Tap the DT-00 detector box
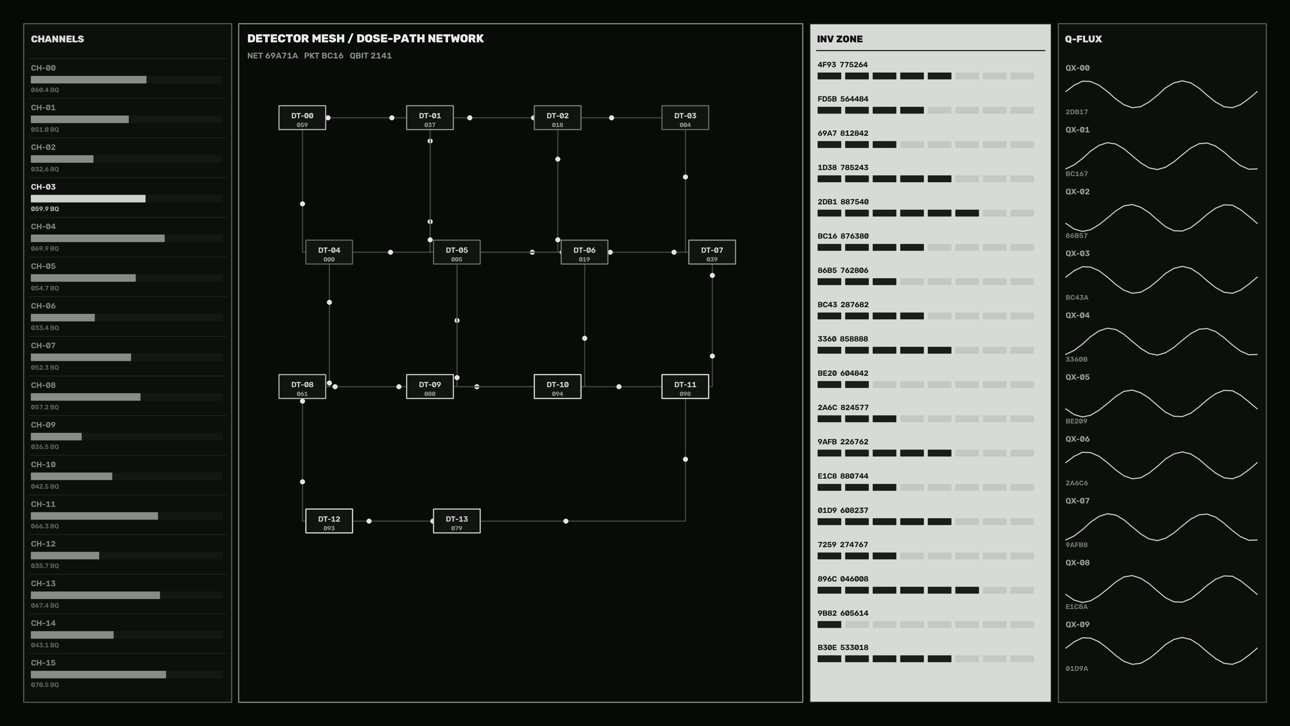pyautogui.click(x=302, y=118)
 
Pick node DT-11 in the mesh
pyautogui.click(x=685, y=386)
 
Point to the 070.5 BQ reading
pyautogui.click(x=45, y=685)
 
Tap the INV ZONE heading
pyautogui.click(x=840, y=39)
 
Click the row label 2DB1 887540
pyautogui.click(x=843, y=202)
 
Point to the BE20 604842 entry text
pyautogui.click(x=843, y=373)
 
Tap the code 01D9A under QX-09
pyautogui.click(x=1077, y=669)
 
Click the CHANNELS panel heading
pyautogui.click(x=57, y=39)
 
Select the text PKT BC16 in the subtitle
pyautogui.click(x=324, y=55)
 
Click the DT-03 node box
pyautogui.click(x=685, y=118)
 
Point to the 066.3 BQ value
pyautogui.click(x=45, y=526)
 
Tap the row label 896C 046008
pyautogui.click(x=843, y=579)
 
